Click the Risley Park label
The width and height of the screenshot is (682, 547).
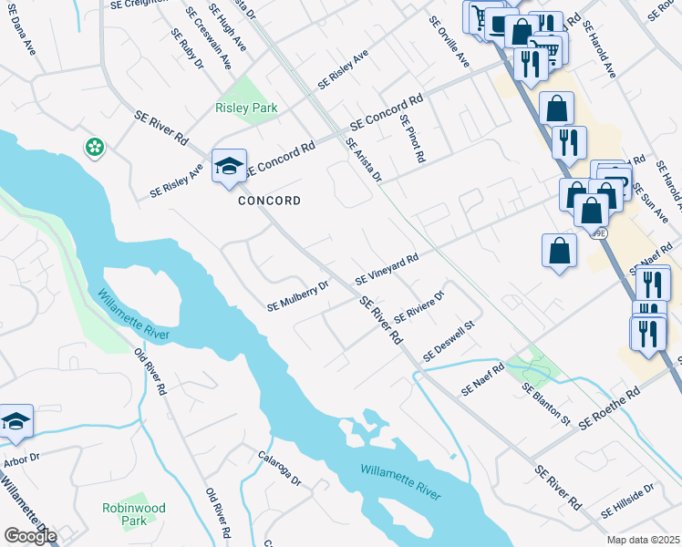(246, 108)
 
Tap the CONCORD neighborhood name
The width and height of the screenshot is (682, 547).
(269, 201)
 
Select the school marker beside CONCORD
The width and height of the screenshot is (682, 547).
(229, 167)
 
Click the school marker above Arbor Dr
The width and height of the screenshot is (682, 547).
(15, 421)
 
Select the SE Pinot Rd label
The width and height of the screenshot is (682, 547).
(412, 139)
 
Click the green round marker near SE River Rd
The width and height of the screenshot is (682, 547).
(93, 147)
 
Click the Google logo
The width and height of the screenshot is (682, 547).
(29, 536)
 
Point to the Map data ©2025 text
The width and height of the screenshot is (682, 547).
(643, 540)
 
